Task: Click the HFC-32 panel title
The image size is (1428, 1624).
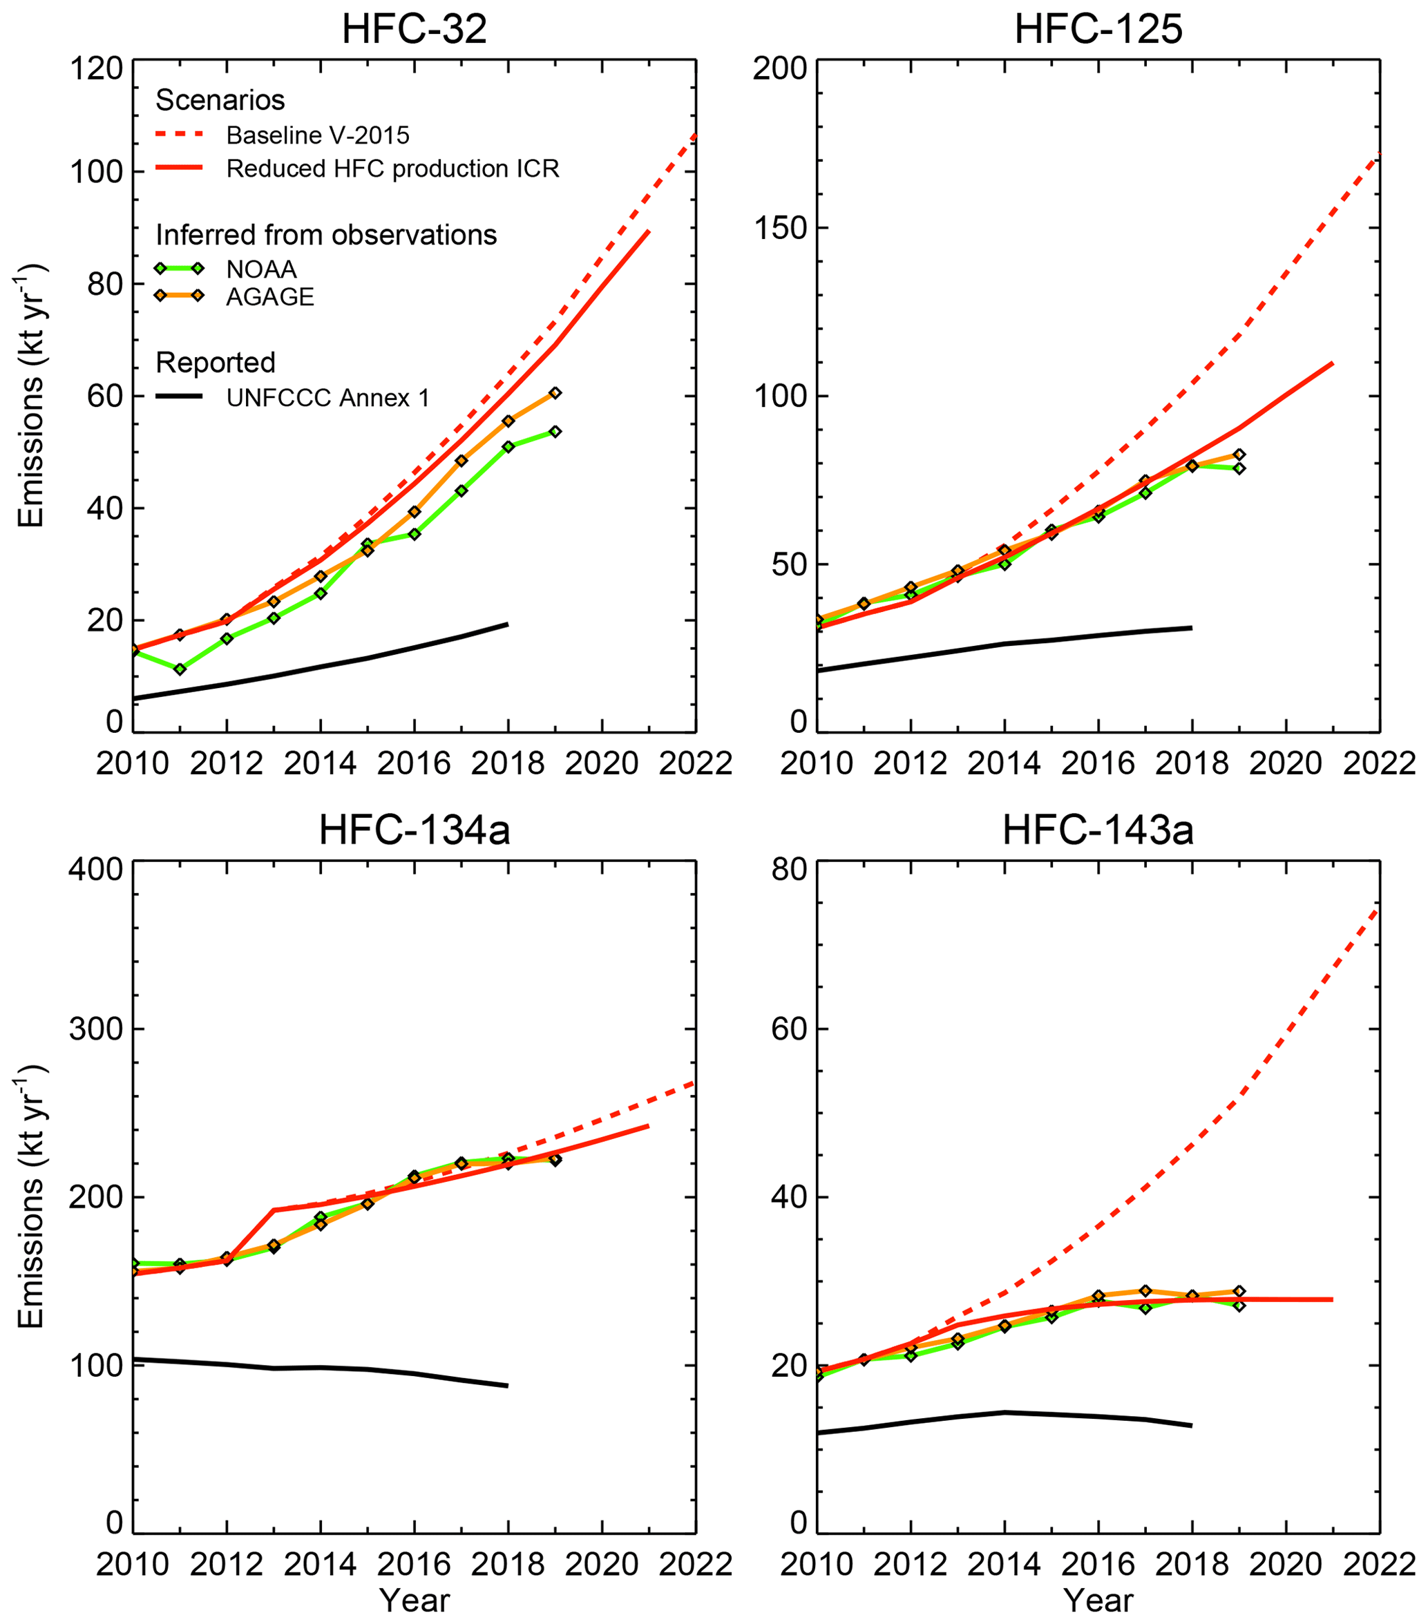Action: point(414,30)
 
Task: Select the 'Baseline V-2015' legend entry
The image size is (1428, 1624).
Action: point(317,136)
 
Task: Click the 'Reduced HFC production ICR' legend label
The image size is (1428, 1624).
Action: point(392,169)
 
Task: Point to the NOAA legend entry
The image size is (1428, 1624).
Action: point(261,269)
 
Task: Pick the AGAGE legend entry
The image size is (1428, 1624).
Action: point(270,297)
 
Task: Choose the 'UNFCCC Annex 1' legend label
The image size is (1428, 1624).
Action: point(327,397)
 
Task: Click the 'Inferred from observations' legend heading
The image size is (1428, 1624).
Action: point(326,235)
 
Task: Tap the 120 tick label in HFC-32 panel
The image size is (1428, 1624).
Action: point(96,70)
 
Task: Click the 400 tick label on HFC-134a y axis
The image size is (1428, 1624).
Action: point(96,869)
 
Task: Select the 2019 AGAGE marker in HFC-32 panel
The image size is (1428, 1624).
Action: point(555,393)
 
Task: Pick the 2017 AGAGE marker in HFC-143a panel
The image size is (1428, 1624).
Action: point(1145,1291)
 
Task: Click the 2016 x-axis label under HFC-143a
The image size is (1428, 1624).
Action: point(1097,1565)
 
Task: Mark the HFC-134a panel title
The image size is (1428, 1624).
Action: point(414,831)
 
